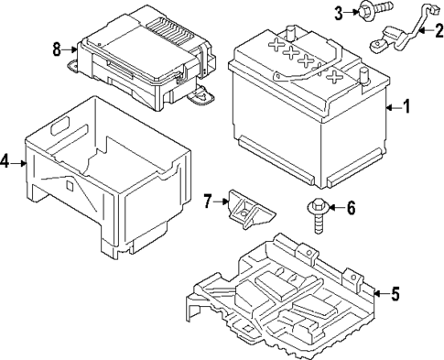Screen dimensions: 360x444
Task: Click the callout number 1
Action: click(x=407, y=107)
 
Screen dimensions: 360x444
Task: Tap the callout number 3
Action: click(x=338, y=12)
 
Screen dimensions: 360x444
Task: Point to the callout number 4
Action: click(x=5, y=162)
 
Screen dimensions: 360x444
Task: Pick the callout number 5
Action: click(x=395, y=294)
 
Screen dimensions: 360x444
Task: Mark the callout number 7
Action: click(x=208, y=200)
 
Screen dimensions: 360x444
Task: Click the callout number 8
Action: click(x=57, y=49)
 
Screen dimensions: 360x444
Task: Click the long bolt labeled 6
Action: click(x=318, y=214)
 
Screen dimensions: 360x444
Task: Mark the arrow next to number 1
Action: click(x=392, y=107)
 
